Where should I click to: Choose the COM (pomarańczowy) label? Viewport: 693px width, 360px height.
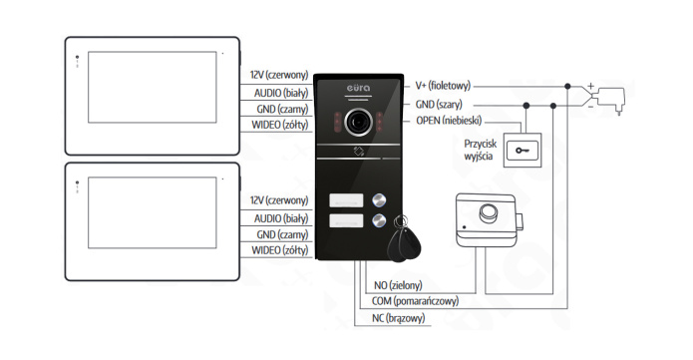click(x=416, y=300)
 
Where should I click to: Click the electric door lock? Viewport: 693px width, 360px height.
click(x=486, y=220)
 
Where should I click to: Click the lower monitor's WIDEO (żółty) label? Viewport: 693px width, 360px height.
click(x=279, y=249)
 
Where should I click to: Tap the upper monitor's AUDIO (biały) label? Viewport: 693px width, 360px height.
click(x=278, y=92)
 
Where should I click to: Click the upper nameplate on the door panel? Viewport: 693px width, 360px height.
click(x=344, y=201)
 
